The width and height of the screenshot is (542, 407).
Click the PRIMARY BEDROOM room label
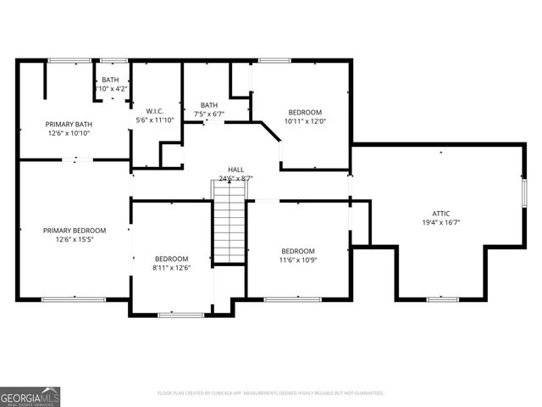pos(75,231)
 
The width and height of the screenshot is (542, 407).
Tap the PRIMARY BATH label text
pos(69,124)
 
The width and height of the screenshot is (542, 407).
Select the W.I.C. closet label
pos(154,110)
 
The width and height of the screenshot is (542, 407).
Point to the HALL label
pos(235,170)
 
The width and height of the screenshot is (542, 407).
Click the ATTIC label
pos(441,213)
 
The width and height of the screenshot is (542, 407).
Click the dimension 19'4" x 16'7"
pos(441,222)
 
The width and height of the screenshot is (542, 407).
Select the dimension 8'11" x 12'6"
pos(171,268)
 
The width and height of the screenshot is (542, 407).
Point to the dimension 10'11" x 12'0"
pos(305,121)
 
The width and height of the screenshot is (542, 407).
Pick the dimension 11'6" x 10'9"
pos(298,260)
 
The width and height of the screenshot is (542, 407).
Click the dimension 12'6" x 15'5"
pos(75,240)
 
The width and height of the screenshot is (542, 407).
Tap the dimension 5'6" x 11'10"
pos(154,120)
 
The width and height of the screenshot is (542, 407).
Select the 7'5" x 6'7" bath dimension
pos(209,114)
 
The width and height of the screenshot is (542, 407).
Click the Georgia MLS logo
pos(30,396)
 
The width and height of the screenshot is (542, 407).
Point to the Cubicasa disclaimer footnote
pos(270,393)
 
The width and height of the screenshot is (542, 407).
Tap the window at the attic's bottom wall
pos(442,298)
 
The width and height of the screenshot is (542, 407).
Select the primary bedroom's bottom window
pos(74,298)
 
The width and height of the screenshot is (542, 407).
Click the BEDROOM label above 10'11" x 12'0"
pos(305,112)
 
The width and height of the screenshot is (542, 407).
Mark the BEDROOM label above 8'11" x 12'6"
pos(171,259)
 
